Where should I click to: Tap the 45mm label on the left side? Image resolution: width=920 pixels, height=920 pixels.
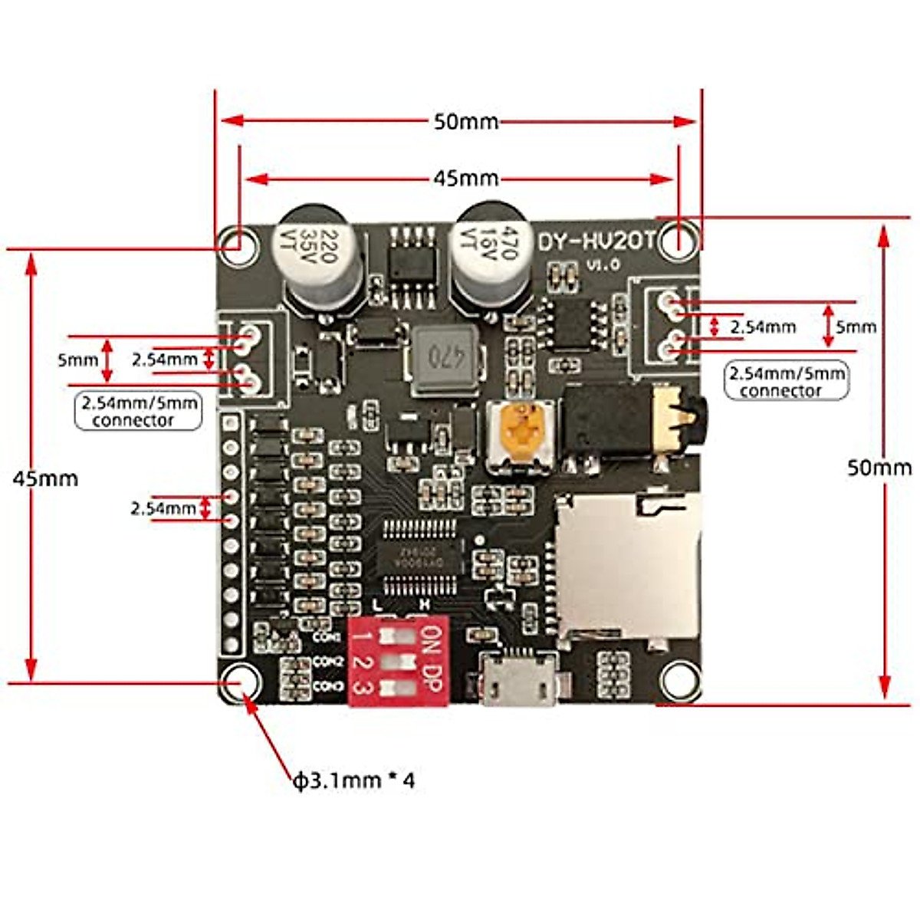point(46,478)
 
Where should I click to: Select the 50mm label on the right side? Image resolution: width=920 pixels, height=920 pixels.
point(879,467)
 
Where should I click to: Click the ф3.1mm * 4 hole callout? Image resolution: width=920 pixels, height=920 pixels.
point(354,780)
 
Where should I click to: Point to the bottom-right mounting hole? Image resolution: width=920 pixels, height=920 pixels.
point(679,678)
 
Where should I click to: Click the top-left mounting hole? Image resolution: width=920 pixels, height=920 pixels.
point(238,245)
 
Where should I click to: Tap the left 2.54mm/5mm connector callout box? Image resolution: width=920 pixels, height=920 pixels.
point(138,411)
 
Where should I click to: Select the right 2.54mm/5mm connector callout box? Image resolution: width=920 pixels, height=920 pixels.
point(787,382)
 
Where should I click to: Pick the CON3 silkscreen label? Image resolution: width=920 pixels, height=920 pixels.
point(328,685)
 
